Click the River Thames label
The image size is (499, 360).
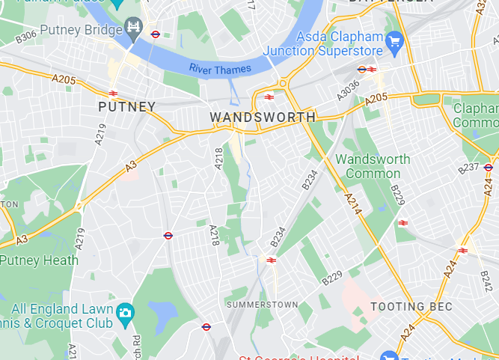tap(220, 69)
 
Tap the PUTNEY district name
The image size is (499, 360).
tap(127, 107)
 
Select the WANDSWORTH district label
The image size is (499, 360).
tap(263, 118)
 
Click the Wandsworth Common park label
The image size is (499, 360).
tap(373, 166)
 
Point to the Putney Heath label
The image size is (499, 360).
tap(39, 260)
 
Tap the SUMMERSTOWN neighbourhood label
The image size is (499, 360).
tap(262, 305)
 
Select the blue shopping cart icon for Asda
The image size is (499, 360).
tap(394, 40)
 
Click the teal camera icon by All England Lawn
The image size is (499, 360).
tap(126, 311)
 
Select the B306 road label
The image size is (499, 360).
tap(25, 35)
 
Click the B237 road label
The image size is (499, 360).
tap(468, 168)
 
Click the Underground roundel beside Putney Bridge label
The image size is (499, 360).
tap(156, 34)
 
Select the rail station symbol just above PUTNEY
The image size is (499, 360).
tap(113, 94)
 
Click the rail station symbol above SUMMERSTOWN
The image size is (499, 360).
tap(271, 260)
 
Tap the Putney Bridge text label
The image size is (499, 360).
tap(82, 31)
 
